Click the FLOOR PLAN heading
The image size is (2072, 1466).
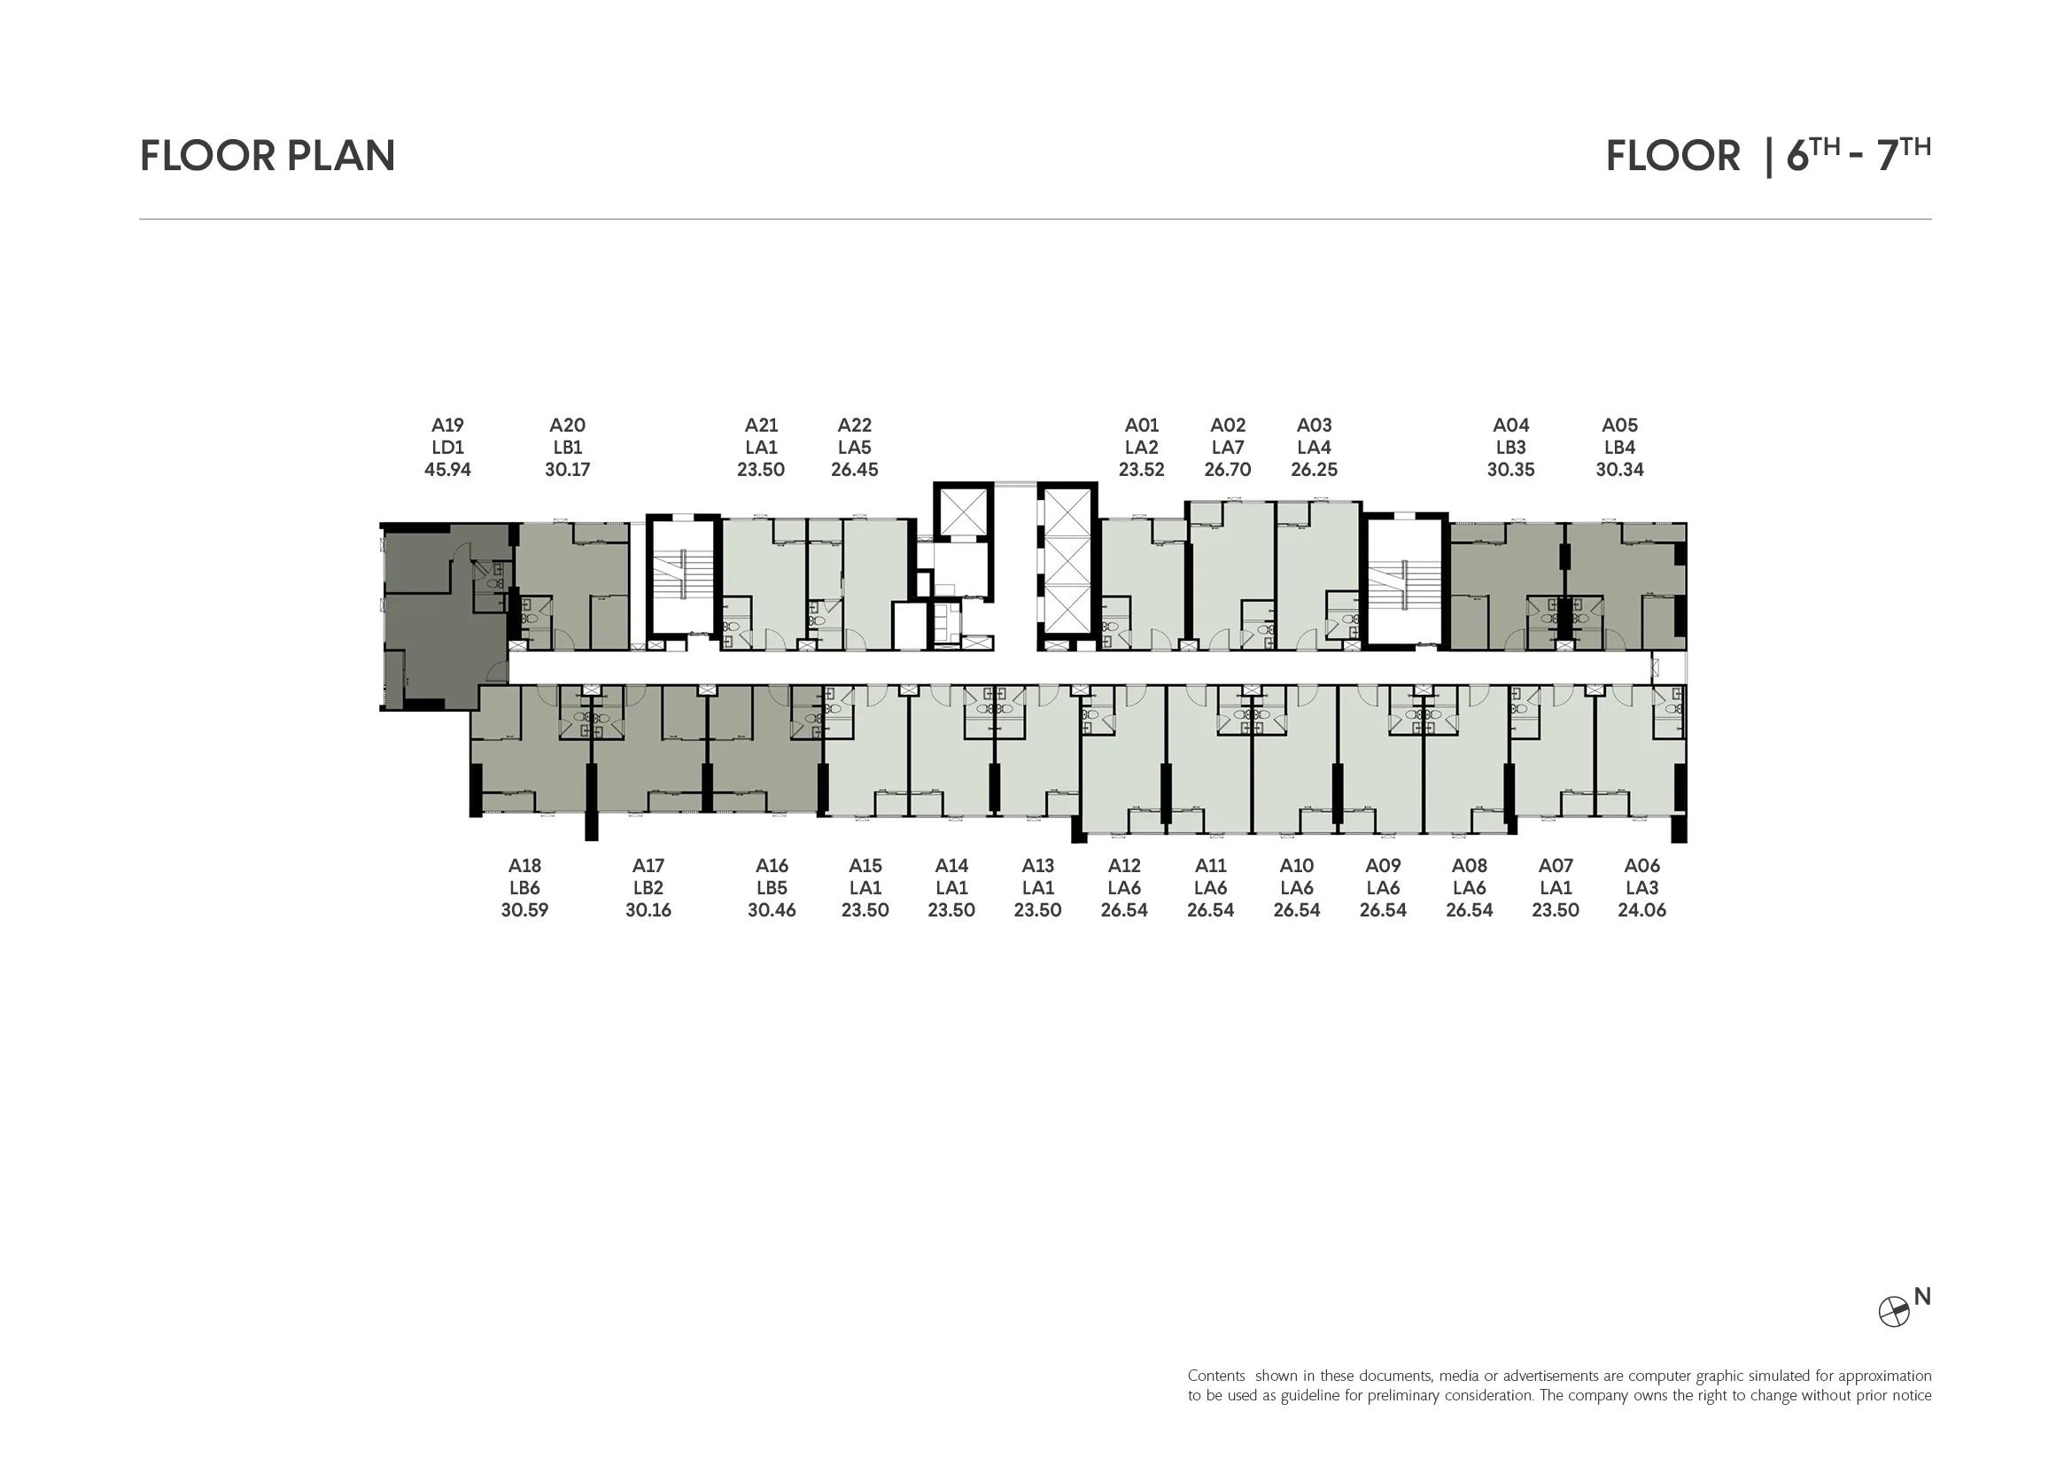coord(268,155)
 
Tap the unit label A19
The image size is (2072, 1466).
coord(447,425)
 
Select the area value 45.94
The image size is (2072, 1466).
coord(447,470)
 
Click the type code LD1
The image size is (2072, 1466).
coord(447,448)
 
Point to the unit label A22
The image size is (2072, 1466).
coord(855,425)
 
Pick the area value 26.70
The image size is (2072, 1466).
coord(1227,470)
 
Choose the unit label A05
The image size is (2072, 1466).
coord(1620,425)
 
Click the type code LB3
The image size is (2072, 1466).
coord(1510,448)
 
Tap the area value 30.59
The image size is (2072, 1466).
coord(524,910)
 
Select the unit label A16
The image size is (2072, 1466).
coord(772,866)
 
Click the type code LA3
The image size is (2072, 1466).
coord(1641,888)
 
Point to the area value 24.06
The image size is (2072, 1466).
coord(1641,910)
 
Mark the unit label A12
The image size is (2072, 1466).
coord(1124,866)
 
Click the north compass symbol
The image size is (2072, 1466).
coord(1893,1312)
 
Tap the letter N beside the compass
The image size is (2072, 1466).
coord(1922,1297)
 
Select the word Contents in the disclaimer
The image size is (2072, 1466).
coord(1215,1376)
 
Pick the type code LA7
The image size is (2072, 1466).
coord(1227,448)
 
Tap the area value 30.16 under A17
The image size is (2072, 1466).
coord(648,910)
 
